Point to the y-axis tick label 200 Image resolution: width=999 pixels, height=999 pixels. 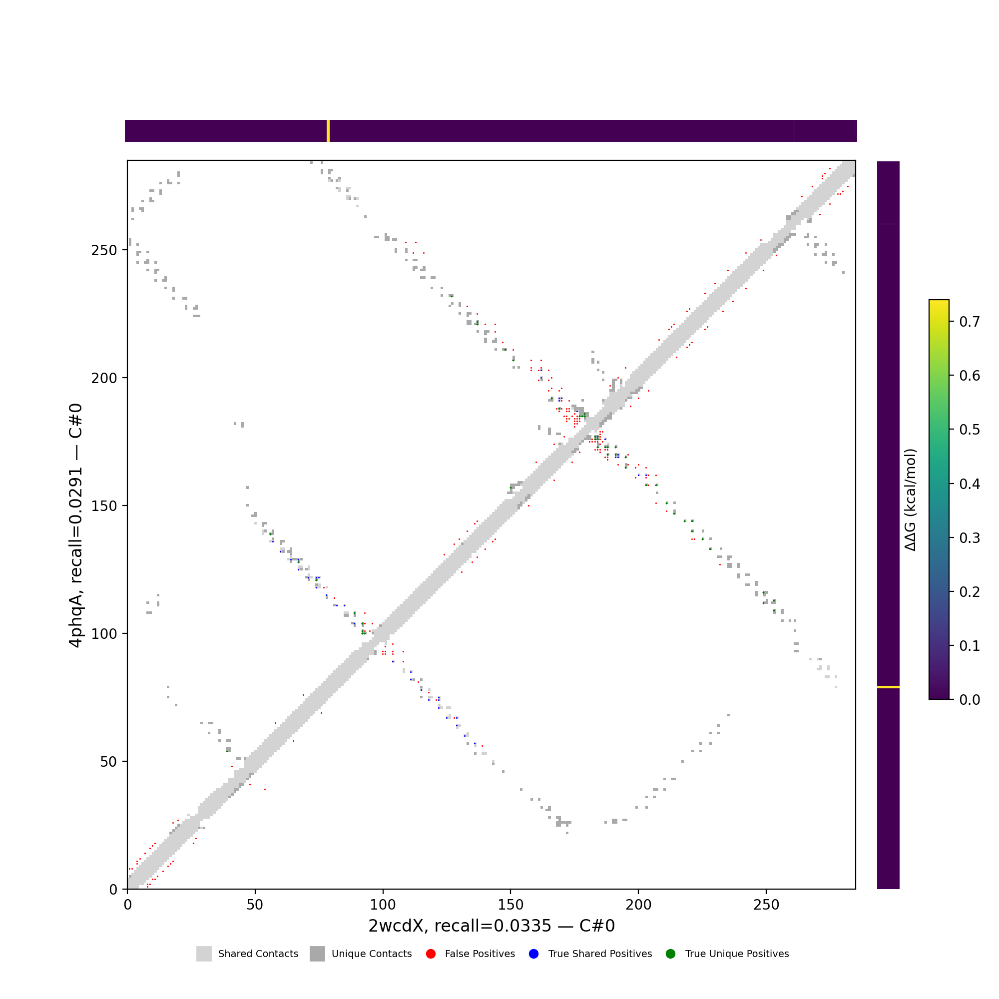[x=104, y=378]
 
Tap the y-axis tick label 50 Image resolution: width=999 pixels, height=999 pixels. [x=108, y=762]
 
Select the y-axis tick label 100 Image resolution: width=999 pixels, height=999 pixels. [x=104, y=634]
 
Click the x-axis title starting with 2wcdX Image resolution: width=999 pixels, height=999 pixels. [x=491, y=926]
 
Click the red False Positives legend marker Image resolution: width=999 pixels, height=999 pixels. [x=431, y=954]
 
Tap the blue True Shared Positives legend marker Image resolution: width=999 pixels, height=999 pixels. [x=533, y=954]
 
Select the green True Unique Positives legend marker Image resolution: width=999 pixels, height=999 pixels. [x=671, y=954]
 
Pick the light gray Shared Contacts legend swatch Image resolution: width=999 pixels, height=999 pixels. [x=204, y=954]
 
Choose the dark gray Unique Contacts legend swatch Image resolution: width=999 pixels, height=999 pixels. [x=318, y=954]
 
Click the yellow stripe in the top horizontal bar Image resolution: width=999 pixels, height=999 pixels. [x=328, y=131]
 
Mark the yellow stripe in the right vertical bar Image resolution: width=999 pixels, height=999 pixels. [x=888, y=687]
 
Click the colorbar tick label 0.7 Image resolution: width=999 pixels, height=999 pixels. [x=970, y=322]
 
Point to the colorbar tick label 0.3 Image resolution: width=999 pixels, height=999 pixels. [x=970, y=538]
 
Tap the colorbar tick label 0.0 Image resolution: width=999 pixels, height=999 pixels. [x=970, y=700]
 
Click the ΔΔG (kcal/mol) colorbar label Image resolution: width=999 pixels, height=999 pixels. [x=911, y=499]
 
